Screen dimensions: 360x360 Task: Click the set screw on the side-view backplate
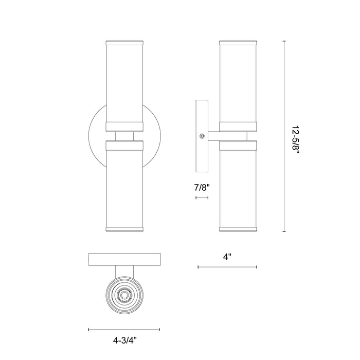[203, 136]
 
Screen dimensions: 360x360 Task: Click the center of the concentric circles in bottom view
[124, 295]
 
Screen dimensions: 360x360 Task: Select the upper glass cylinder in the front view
[124, 82]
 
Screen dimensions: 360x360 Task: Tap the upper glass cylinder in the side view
[238, 82]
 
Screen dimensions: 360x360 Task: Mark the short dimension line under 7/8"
[201, 196]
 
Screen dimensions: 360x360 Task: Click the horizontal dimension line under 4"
[227, 267]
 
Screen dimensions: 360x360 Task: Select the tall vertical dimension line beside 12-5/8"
[284, 136]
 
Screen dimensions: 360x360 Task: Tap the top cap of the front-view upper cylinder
[124, 41]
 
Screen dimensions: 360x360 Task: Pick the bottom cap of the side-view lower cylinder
[238, 228]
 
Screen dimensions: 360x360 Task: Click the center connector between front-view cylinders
[124, 136]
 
